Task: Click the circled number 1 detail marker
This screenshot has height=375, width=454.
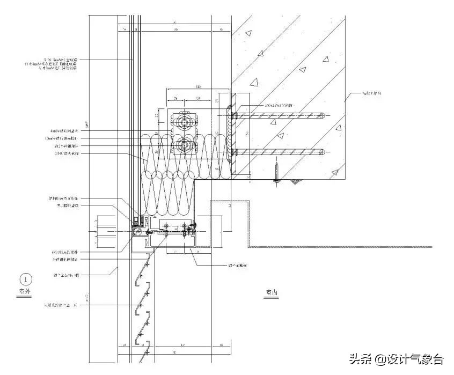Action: pos(26,279)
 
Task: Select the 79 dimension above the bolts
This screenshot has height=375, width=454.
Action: pos(175,98)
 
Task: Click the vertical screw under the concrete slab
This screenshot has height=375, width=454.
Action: pos(276,174)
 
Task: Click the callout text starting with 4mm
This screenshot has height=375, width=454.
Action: pos(62,130)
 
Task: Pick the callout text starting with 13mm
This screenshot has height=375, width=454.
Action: pos(62,138)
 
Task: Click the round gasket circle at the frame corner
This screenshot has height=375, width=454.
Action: pos(141,232)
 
